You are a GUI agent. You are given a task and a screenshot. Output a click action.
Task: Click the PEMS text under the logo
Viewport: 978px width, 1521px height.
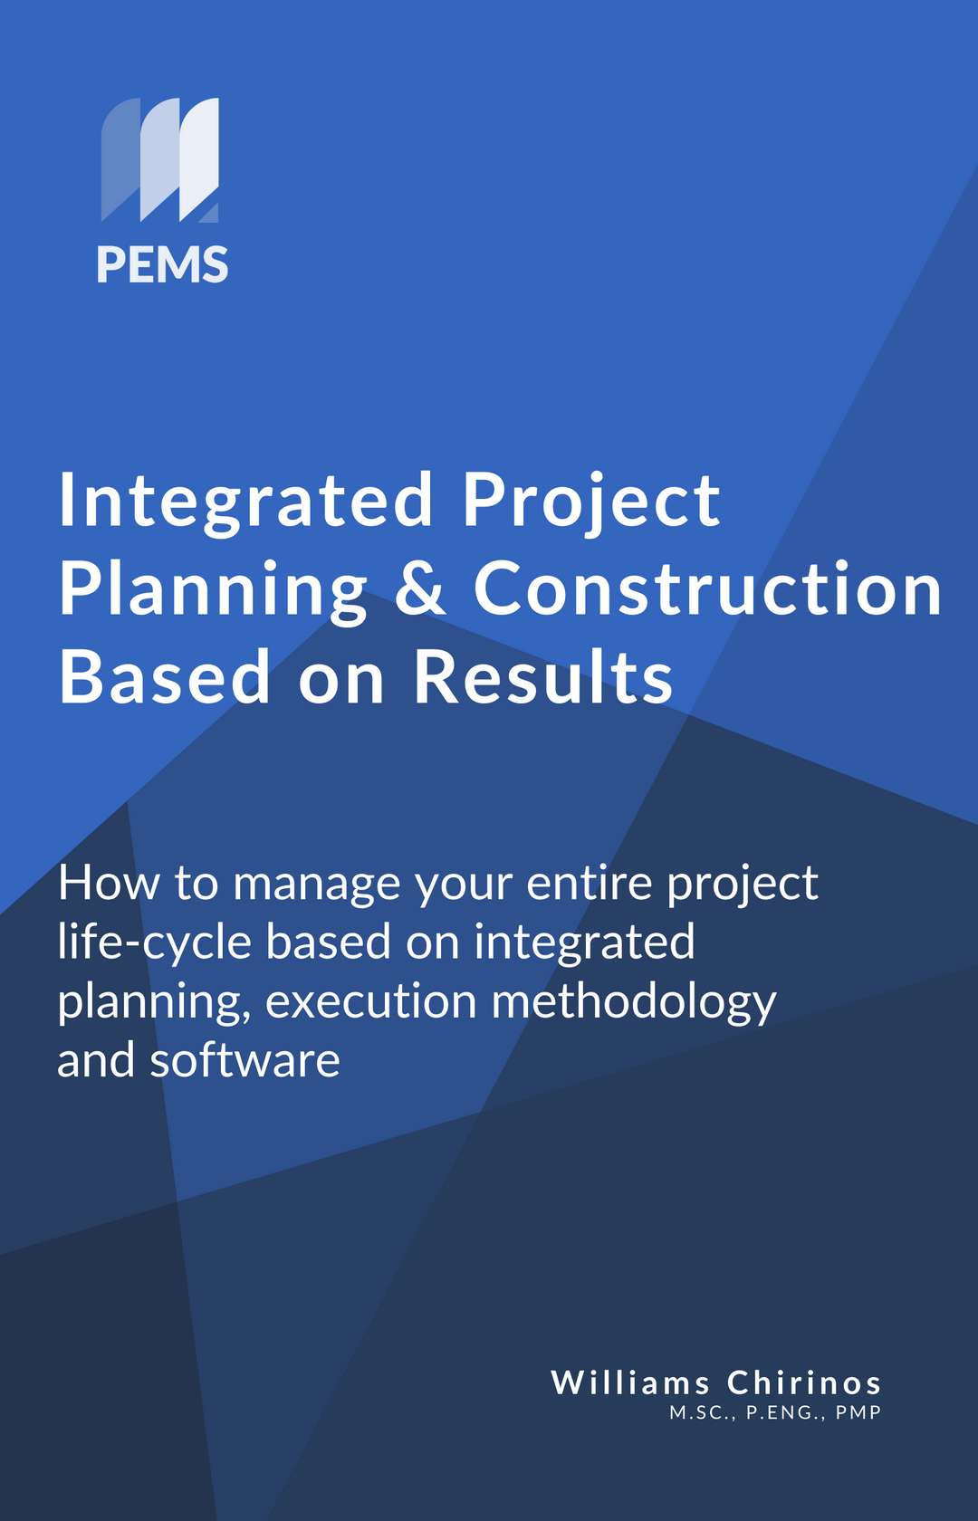pos(162,265)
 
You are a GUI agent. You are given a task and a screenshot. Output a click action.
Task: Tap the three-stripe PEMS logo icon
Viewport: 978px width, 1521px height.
pos(159,159)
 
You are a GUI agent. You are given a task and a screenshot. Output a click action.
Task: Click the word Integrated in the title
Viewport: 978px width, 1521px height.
pos(245,501)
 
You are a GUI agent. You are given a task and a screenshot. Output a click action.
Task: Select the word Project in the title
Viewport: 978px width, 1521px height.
pos(591,501)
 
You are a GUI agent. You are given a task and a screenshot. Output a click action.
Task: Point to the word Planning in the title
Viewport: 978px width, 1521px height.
pos(213,589)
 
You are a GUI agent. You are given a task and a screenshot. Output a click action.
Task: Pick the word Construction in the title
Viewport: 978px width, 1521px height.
pos(707,588)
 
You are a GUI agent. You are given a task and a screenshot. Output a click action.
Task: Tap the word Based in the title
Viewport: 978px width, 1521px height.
pos(165,677)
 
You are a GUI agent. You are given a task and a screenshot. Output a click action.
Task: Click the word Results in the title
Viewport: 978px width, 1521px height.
pos(543,677)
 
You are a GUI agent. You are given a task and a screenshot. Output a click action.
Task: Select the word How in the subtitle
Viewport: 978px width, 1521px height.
pos(109,883)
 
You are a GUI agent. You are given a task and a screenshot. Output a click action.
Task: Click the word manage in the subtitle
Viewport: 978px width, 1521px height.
pos(316,885)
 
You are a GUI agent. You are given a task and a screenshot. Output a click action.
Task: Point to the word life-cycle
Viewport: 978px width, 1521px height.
pos(154,942)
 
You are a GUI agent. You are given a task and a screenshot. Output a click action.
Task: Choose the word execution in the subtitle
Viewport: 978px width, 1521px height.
pos(370,1002)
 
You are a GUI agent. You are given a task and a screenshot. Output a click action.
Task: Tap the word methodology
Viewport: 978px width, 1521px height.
pos(633,1003)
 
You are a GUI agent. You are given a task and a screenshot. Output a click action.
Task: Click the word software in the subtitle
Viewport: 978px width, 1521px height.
pos(244,1060)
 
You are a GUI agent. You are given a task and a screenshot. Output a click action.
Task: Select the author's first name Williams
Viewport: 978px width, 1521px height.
pos(630,1382)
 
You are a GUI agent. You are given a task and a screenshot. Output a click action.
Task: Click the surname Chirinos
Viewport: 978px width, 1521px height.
pos(804,1382)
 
